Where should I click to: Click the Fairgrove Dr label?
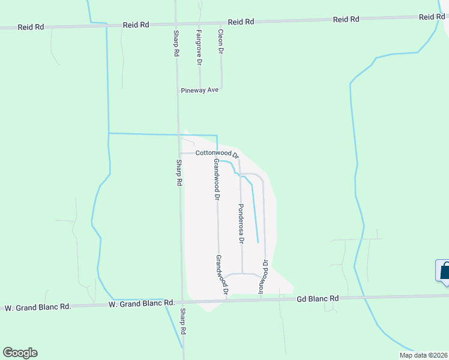(x=199, y=47)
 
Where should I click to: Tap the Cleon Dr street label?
(x=220, y=43)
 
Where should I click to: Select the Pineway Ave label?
(x=200, y=91)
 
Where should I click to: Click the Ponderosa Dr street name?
(x=241, y=223)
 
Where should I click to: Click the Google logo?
(x=20, y=353)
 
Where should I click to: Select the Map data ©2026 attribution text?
(x=423, y=355)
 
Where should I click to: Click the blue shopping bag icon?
(x=445, y=271)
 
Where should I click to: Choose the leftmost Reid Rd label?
(x=32, y=26)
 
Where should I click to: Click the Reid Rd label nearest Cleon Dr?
(x=241, y=22)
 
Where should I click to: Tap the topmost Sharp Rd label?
(x=176, y=44)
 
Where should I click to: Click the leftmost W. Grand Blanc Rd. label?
(x=38, y=307)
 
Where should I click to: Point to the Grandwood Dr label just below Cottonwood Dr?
(x=216, y=179)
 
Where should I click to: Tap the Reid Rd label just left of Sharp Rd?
(x=136, y=25)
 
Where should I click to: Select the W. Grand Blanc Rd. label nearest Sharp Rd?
(x=141, y=304)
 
